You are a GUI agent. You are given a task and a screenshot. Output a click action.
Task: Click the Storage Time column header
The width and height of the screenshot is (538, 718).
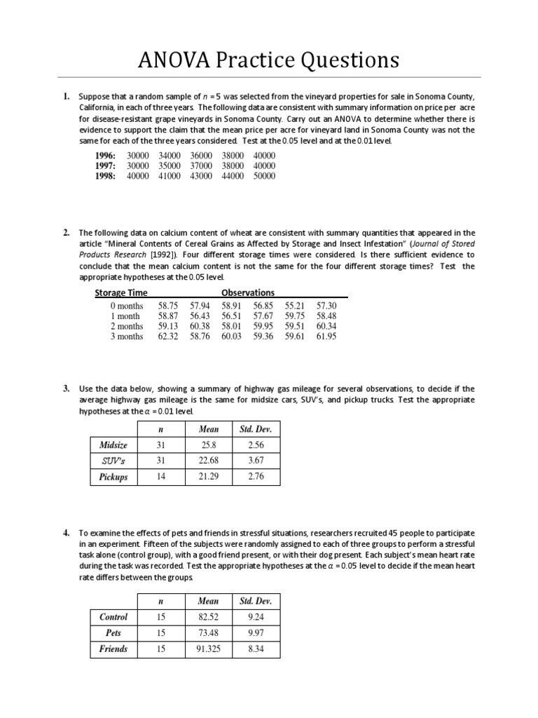(120, 292)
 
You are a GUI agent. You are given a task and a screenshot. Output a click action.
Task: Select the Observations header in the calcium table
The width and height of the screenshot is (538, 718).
(248, 292)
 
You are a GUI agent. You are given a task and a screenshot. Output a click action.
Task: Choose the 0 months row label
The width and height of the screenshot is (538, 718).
(127, 306)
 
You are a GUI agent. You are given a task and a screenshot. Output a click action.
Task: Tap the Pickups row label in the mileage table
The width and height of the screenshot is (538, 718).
(113, 477)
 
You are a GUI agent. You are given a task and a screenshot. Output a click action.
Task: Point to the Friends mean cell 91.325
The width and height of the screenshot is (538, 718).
(209, 649)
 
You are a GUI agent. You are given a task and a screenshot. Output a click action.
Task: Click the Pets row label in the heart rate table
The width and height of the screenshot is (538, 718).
(113, 633)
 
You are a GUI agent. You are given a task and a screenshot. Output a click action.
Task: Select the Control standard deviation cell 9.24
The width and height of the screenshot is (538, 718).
(256, 617)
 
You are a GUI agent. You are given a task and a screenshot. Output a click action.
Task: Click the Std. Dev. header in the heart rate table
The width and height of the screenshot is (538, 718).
(256, 601)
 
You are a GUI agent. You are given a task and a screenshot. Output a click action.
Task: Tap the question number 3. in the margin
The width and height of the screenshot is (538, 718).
(66, 388)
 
